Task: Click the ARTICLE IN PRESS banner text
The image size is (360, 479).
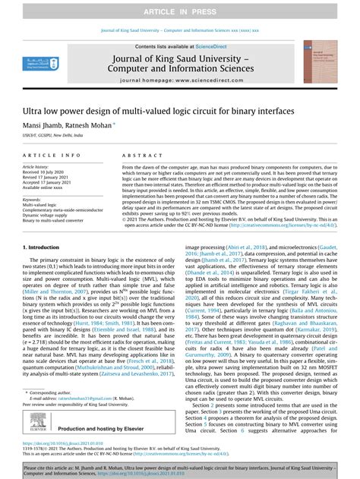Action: [x=180, y=8]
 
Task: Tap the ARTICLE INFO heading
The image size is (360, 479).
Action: [x=49, y=155]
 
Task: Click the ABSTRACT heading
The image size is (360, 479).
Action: [x=139, y=155]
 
